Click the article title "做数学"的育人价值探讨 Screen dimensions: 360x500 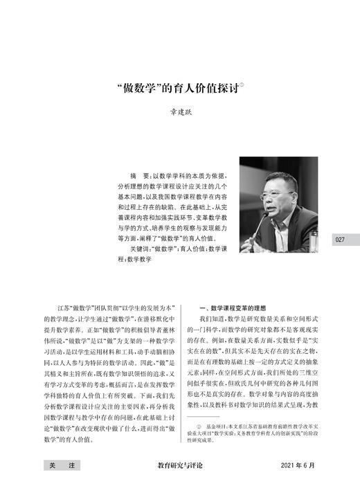click(177, 89)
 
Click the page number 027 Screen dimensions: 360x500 click(339, 240)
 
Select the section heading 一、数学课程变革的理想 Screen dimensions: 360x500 click(238, 307)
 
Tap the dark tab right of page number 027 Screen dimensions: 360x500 click(355, 240)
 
